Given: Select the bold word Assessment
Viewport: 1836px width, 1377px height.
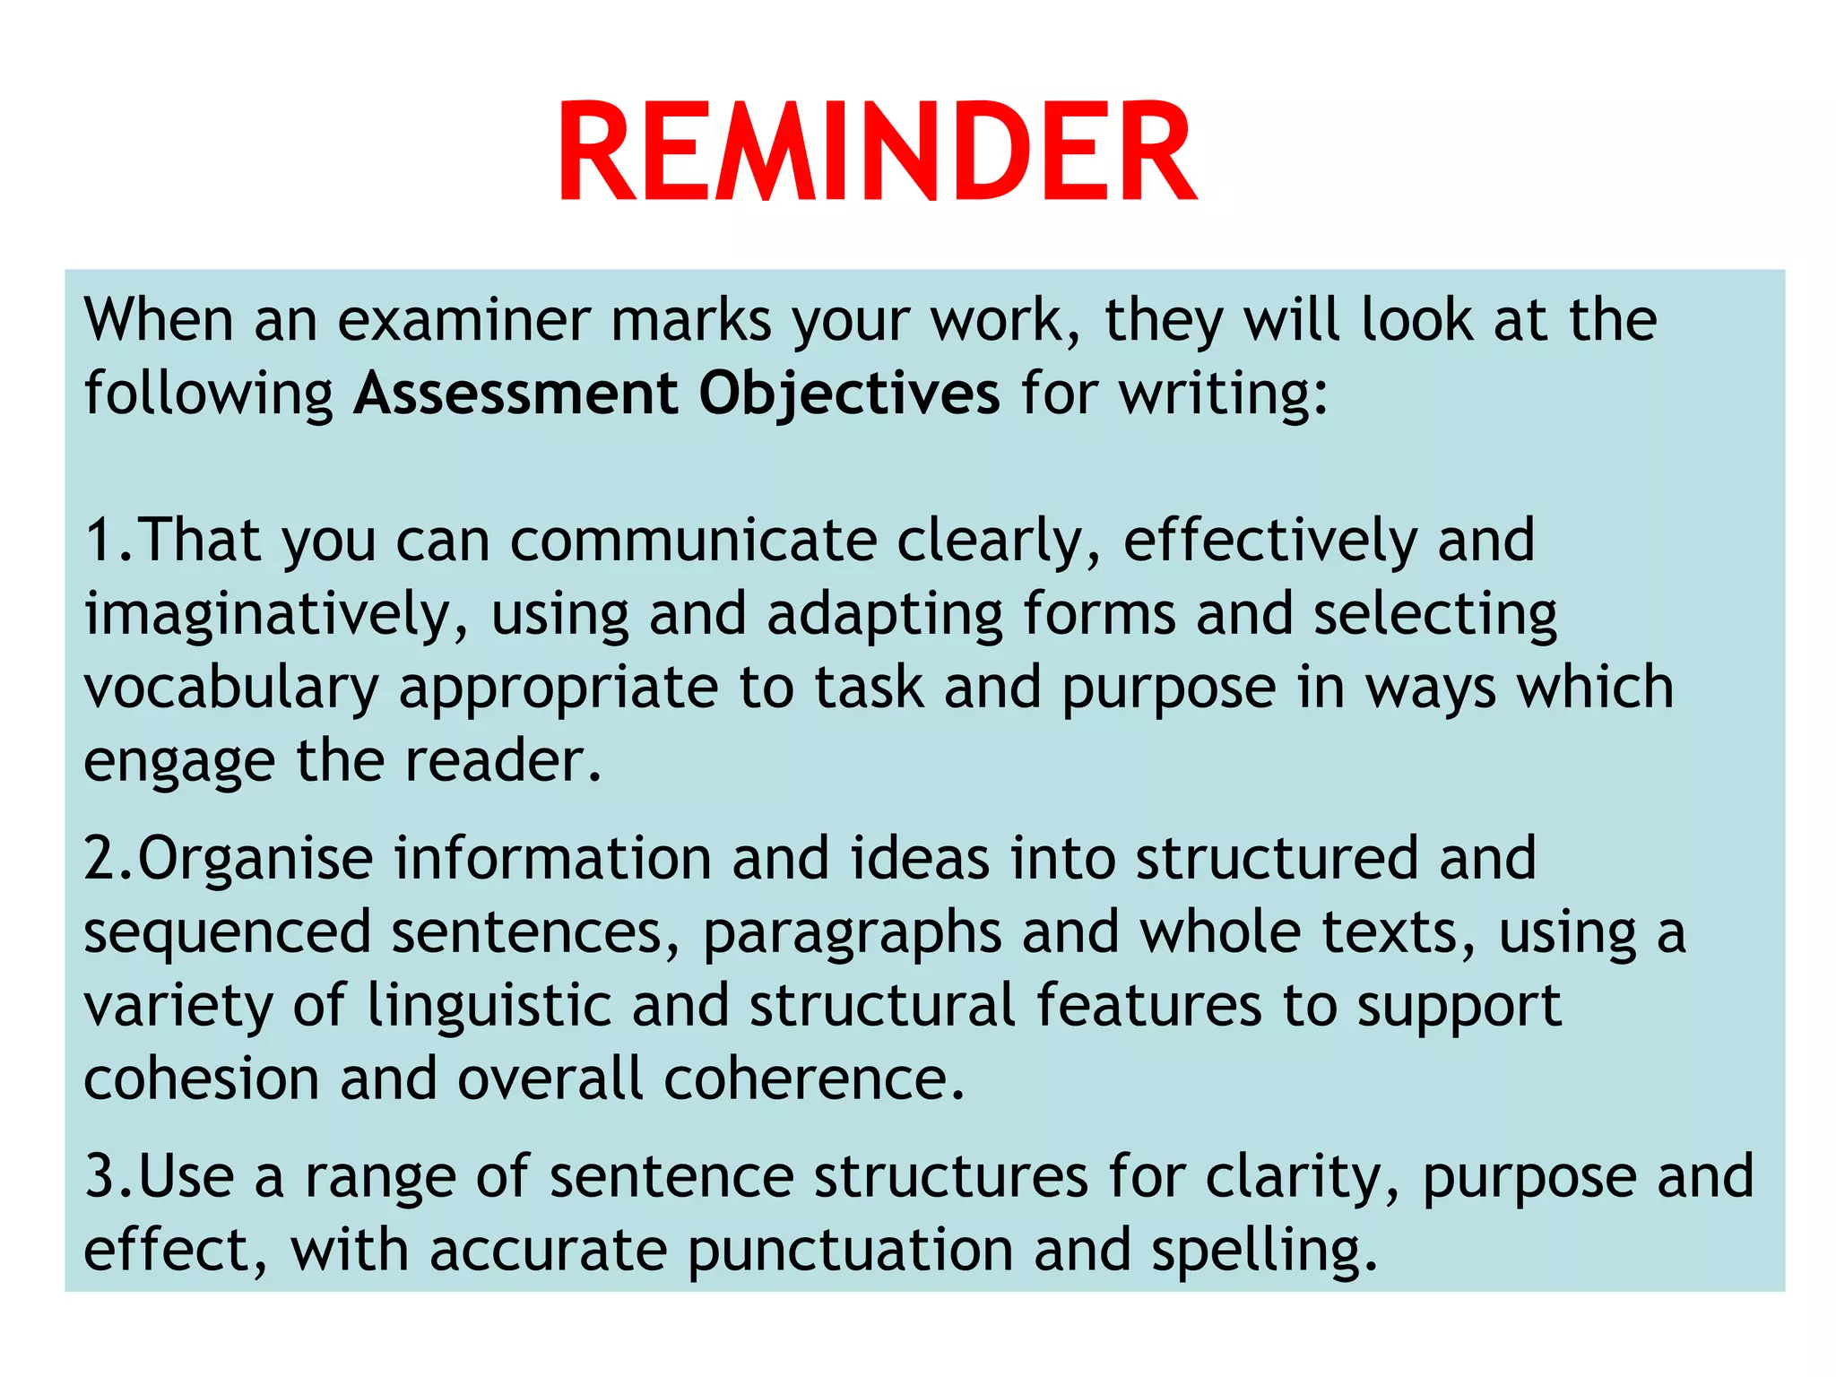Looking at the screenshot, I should pyautogui.click(x=515, y=394).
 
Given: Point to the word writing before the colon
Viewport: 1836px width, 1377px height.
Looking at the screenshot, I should pyautogui.click(x=1215, y=395).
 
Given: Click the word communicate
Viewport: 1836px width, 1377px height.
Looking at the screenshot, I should pyautogui.click(x=693, y=541).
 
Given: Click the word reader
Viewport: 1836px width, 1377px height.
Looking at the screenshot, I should pyautogui.click(x=502, y=761).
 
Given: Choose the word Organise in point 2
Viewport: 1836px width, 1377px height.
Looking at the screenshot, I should pyautogui.click(x=255, y=860).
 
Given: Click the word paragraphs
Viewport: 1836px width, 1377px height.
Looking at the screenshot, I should pyautogui.click(x=852, y=933).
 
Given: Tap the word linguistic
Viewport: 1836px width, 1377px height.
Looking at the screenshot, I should pyautogui.click(x=489, y=1007).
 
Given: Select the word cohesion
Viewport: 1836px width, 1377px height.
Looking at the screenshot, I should pyautogui.click(x=201, y=1078).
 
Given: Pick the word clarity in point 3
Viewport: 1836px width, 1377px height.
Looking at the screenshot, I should pyautogui.click(x=1301, y=1177).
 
